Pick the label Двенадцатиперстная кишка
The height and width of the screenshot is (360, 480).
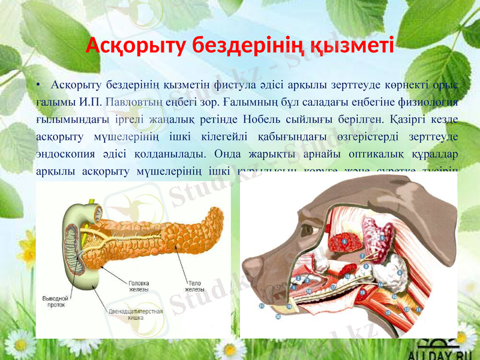click(x=143, y=316)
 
